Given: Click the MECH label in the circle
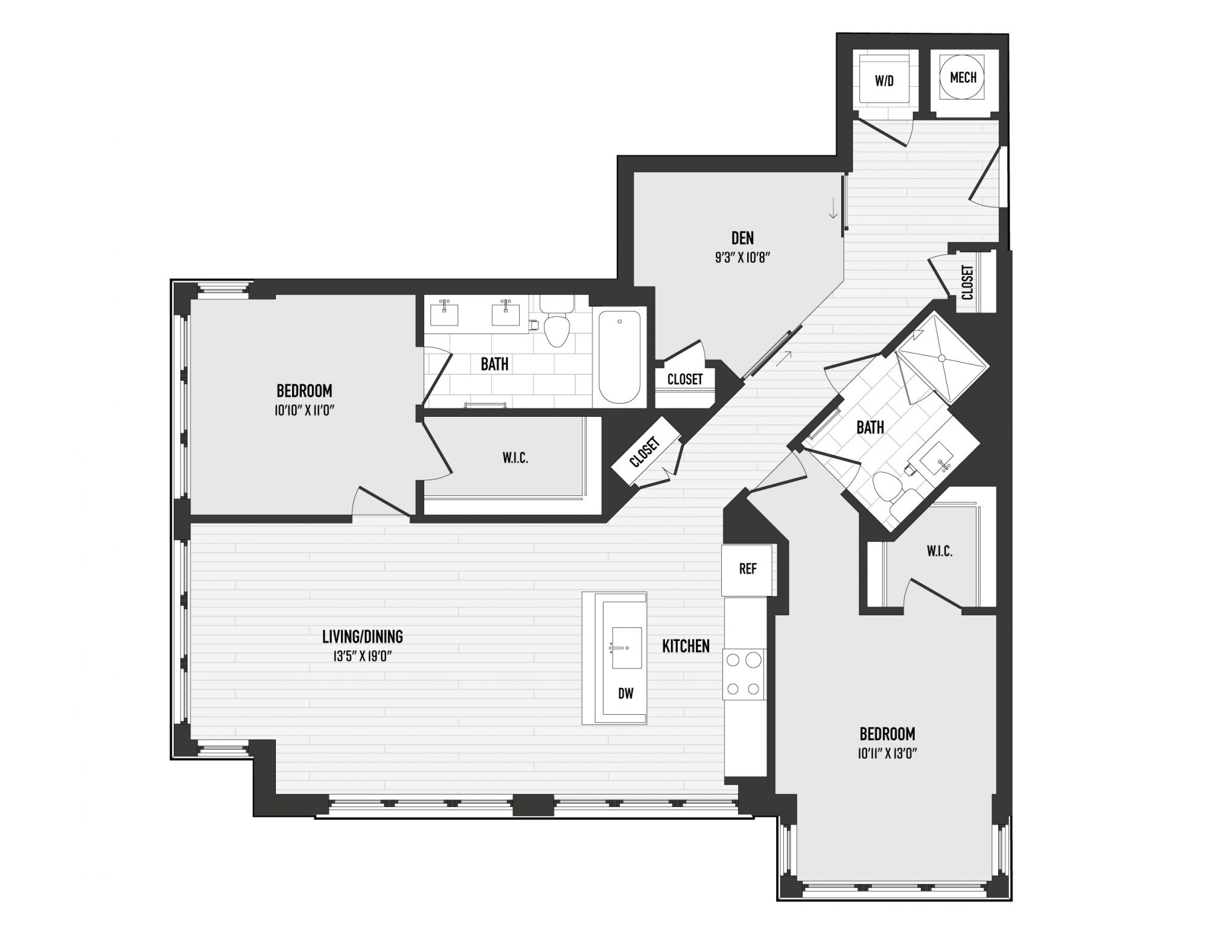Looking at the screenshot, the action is [x=963, y=78].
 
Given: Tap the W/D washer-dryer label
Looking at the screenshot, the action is [x=884, y=81].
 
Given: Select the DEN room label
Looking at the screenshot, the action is [x=742, y=238].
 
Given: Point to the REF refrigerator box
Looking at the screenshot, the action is [x=748, y=569].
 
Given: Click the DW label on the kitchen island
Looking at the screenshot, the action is [x=626, y=694].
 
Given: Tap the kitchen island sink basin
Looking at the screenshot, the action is [x=627, y=648].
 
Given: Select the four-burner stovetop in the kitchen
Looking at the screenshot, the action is [x=745, y=674].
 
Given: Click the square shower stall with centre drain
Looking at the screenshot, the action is [x=941, y=358].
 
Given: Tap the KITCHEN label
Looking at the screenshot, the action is [x=686, y=646].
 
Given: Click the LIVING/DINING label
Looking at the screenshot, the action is [x=362, y=636].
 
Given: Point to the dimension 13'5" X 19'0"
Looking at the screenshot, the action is [x=363, y=656].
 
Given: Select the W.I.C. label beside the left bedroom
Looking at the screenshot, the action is [x=515, y=458].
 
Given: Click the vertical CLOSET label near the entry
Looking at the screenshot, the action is [x=967, y=282].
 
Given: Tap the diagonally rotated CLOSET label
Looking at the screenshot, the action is [x=645, y=452].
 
